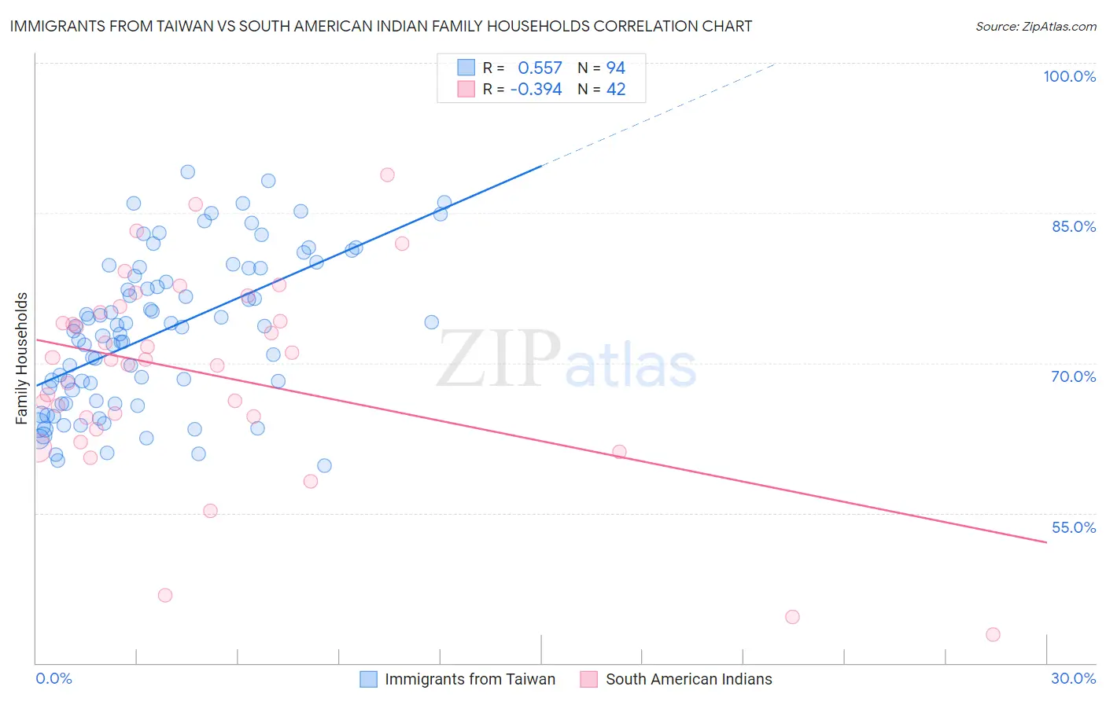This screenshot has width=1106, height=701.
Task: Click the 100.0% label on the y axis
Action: [x=1069, y=76]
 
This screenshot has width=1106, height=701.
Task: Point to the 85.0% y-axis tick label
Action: [x=1074, y=226]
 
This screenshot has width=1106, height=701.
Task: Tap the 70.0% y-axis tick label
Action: [x=1074, y=376]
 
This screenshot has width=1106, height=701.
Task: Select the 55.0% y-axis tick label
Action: [x=1074, y=527]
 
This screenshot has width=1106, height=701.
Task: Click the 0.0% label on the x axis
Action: [x=53, y=678]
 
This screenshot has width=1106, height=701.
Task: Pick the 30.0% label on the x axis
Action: [x=1073, y=678]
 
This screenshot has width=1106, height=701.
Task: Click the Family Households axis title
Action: [x=22, y=358]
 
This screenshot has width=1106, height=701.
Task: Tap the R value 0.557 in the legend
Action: [x=540, y=68]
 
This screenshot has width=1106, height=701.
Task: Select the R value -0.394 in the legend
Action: [x=536, y=90]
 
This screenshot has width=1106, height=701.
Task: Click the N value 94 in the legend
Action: [x=615, y=68]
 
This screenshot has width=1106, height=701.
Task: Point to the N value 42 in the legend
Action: [x=615, y=90]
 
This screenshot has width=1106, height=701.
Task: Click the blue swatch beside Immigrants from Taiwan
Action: [x=368, y=679]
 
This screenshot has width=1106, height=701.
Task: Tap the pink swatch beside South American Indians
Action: [x=588, y=679]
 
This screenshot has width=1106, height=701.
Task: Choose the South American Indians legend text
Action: [x=688, y=679]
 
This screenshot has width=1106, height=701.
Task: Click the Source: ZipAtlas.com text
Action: [x=1035, y=27]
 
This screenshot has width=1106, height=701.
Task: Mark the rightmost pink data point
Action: [x=993, y=634]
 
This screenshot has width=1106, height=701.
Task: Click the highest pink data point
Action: [x=387, y=174]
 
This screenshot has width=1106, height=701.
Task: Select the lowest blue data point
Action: [x=324, y=466]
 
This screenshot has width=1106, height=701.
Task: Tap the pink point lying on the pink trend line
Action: [x=619, y=452]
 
